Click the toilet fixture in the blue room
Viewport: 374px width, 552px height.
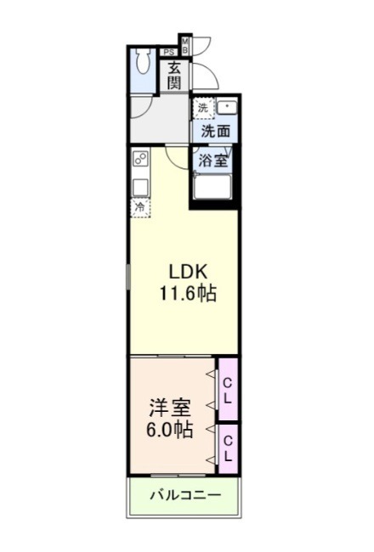tap(143, 61)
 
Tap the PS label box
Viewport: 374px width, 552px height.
tap(169, 53)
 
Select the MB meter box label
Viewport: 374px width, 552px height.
tap(185, 45)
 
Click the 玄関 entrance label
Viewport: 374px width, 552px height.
tap(174, 76)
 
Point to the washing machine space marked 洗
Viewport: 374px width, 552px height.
tap(202, 108)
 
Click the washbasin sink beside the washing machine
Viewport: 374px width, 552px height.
tap(227, 107)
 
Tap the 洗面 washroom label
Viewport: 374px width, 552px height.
tap(216, 132)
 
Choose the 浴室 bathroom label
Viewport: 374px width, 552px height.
tap(212, 161)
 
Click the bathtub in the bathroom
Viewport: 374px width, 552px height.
tap(212, 186)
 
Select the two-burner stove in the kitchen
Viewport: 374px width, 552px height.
tap(140, 159)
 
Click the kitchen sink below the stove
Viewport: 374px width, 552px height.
tap(140, 188)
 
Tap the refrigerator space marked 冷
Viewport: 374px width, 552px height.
tap(140, 208)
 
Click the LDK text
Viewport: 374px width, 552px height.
tap(188, 272)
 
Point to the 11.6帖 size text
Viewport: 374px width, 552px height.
tap(188, 293)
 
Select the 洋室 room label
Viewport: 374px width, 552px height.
tap(170, 408)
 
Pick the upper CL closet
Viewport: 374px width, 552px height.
tap(228, 389)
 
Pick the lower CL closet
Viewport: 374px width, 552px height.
tap(228, 449)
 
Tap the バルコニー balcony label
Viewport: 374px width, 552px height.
tap(186, 496)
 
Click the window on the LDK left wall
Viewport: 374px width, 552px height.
tap(128, 277)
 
